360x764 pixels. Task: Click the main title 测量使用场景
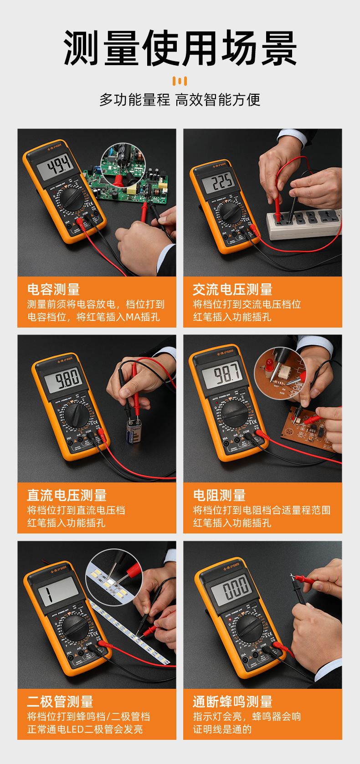pos(180,49)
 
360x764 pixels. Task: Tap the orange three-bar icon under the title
pos(180,82)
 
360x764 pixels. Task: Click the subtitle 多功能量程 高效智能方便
pos(180,100)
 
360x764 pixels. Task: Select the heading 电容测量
pos(54,289)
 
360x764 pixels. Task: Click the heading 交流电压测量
pos(232,289)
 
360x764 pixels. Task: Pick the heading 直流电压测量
pos(67,495)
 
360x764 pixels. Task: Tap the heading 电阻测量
pos(219,495)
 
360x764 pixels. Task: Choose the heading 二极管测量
pos(60,702)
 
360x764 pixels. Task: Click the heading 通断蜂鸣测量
pos(232,702)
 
